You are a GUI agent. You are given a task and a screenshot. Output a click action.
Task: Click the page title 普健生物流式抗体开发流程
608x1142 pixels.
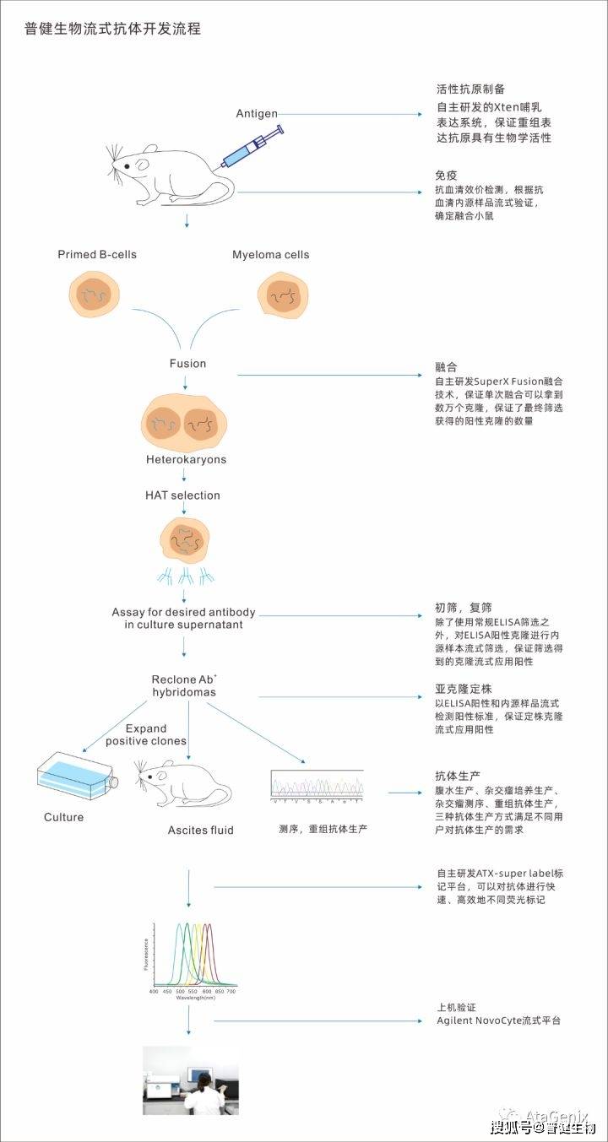(113, 30)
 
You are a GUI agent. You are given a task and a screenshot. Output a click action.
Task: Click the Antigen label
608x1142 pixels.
(257, 113)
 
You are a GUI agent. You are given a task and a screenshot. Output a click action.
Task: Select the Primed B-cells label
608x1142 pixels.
(97, 254)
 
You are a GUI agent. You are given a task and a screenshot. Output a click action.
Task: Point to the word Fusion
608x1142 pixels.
(187, 363)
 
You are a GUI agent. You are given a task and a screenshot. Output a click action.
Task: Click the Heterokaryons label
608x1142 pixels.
(186, 460)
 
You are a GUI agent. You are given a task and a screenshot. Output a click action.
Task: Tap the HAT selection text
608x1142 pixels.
(182, 495)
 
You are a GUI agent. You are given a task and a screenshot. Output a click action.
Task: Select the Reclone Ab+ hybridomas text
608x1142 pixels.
(184, 685)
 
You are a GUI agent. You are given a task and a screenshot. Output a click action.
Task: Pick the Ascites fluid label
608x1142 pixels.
(200, 830)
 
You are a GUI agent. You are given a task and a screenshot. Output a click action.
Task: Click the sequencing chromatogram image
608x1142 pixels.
(318, 785)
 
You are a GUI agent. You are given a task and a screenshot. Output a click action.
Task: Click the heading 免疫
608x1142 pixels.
(446, 176)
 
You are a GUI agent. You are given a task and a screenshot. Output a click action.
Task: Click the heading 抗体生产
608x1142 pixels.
(457, 775)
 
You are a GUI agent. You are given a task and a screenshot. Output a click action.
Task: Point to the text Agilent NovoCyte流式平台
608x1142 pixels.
(498, 1020)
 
